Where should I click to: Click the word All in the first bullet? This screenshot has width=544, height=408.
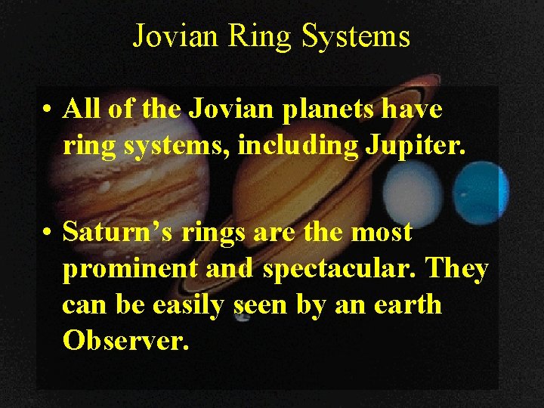point(84,110)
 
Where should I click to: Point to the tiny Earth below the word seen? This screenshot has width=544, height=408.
point(243,317)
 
